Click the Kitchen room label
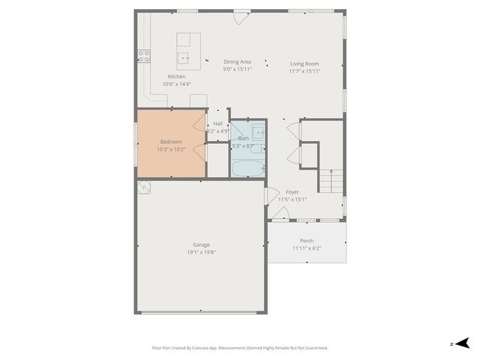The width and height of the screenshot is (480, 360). (x=176, y=76)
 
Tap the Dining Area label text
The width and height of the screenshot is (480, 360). (x=237, y=61)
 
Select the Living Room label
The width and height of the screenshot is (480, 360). (x=304, y=64)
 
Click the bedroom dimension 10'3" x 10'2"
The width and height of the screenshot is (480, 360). (x=171, y=149)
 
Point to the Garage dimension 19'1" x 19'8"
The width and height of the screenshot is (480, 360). (x=200, y=253)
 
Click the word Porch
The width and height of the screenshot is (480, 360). (x=306, y=241)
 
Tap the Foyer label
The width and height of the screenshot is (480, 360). (x=292, y=192)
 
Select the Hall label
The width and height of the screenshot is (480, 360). (x=217, y=124)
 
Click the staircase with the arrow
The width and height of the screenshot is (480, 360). (x=331, y=181)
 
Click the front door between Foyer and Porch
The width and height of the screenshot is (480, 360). (x=280, y=215)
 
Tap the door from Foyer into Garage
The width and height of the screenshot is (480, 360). (x=271, y=195)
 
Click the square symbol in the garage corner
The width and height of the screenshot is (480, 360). (x=143, y=187)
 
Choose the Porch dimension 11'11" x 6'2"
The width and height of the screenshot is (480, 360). (x=306, y=248)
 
